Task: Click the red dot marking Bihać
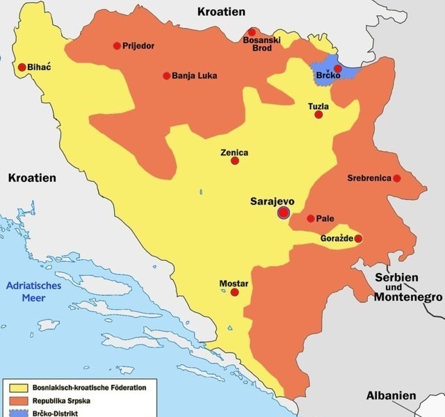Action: [x=22, y=67]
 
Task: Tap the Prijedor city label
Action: [x=138, y=46]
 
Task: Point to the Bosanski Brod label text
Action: [x=261, y=45]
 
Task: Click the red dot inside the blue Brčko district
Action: [x=338, y=68]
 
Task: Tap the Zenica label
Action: [x=234, y=152]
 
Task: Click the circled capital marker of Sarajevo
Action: [x=283, y=213]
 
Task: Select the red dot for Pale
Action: [x=310, y=218]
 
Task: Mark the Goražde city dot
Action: [x=358, y=238]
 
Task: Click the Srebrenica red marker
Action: [x=396, y=179]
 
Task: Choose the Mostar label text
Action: [x=234, y=284]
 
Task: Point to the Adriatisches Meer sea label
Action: [x=33, y=292]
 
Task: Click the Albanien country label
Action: [x=391, y=395]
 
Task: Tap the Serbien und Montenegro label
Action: [x=407, y=287]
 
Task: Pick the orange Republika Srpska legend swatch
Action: [x=17, y=401]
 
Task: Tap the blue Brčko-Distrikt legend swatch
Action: [x=17, y=413]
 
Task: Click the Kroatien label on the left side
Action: [x=32, y=178]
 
